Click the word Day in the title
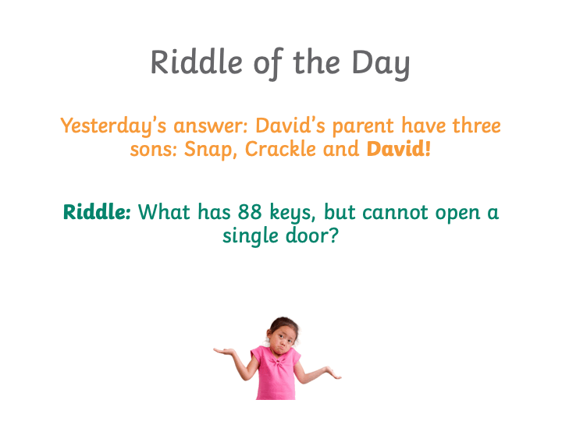pos(381,65)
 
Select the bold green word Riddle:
pos(97,211)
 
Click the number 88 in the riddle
pos(250,211)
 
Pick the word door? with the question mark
pos(311,235)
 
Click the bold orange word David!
pos(398,149)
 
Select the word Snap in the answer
pos(210,150)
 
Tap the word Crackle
pos(280,149)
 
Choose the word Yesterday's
pos(113,127)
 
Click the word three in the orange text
pos(476,126)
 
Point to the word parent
pos(363,127)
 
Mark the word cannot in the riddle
pos(395,212)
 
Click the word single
pos(251,236)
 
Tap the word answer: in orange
pos(211,126)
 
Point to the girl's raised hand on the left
pos(224,351)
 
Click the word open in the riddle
pos(457,214)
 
